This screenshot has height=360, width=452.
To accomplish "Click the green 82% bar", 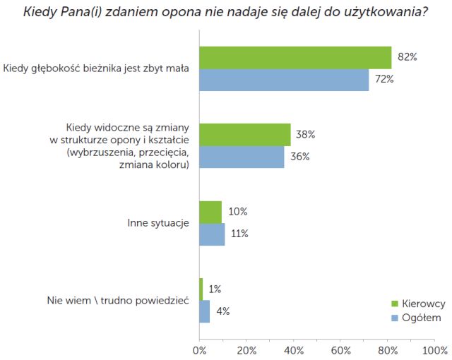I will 295,57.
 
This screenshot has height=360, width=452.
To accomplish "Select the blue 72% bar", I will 284,80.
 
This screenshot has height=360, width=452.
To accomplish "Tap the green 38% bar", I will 245,134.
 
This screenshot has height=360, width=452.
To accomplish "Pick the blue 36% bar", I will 242,157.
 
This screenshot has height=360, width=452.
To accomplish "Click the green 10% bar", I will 210,212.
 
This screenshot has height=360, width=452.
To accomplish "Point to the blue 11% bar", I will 212,234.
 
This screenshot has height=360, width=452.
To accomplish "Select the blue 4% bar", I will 205,311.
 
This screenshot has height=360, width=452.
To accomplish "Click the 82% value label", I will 408,57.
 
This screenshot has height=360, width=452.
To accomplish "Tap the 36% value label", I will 300,157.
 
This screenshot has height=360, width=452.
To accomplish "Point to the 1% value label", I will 215,289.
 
